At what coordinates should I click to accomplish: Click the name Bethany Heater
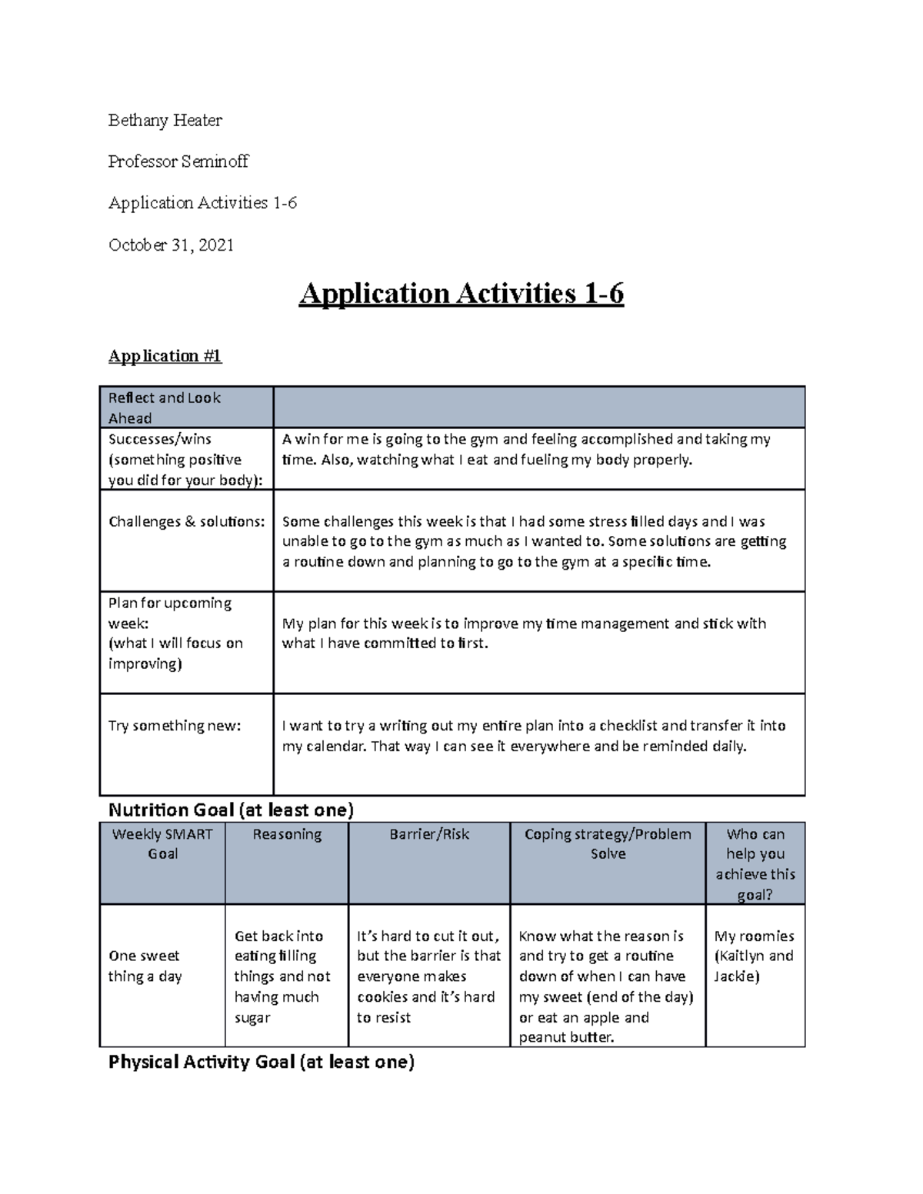click(x=165, y=120)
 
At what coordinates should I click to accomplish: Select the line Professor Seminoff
click(x=178, y=161)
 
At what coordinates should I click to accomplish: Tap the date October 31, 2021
click(x=171, y=245)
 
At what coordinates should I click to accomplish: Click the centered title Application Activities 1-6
click(x=461, y=294)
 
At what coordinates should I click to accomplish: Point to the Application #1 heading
click(x=165, y=356)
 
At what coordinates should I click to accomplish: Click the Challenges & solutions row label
click(x=186, y=521)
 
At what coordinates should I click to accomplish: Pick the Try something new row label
click(x=175, y=725)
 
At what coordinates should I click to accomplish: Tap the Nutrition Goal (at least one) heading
click(x=231, y=810)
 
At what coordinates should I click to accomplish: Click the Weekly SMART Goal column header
click(x=162, y=843)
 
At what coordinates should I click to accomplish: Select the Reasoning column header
click(x=287, y=834)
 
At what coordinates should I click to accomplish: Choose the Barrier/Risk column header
click(x=429, y=834)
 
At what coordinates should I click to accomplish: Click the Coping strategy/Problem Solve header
click(x=608, y=843)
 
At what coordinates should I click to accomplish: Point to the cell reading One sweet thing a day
click(x=145, y=966)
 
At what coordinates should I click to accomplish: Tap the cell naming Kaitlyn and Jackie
click(x=754, y=956)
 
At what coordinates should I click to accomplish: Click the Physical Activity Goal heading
click(x=262, y=1062)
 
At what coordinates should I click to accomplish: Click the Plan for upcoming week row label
click(x=175, y=633)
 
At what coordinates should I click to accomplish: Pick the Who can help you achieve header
click(x=755, y=864)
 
